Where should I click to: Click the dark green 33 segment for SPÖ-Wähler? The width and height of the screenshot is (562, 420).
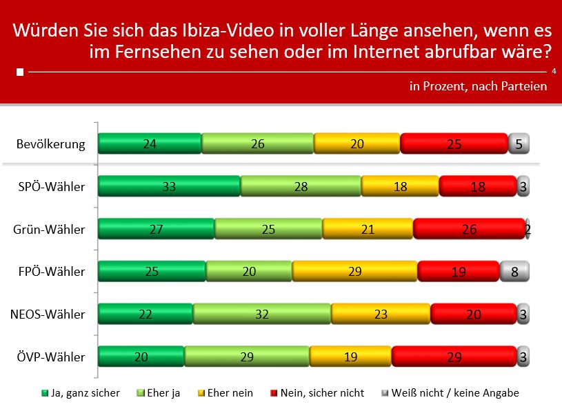pos(169,186)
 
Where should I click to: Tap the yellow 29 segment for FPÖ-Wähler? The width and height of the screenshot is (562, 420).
pos(354,271)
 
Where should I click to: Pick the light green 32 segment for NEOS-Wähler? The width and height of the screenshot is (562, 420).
pos(262,314)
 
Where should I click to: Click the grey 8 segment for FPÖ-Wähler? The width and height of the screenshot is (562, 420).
pos(514,271)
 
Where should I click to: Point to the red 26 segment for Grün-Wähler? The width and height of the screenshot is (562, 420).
pos(469,229)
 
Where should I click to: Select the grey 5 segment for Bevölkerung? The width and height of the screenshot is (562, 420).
pos(519,143)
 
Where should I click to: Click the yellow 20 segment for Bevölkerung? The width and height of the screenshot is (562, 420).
pos(357,143)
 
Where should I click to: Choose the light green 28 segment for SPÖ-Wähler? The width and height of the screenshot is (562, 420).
pos(301,186)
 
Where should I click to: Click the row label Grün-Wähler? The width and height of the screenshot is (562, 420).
pos(50,230)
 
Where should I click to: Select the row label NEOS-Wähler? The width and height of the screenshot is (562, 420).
pos(48,314)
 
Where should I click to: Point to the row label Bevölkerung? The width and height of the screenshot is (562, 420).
pos(50,144)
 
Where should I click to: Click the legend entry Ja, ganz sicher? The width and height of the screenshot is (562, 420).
pos(81,393)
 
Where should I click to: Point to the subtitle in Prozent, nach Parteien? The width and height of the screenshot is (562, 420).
pos(478,86)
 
